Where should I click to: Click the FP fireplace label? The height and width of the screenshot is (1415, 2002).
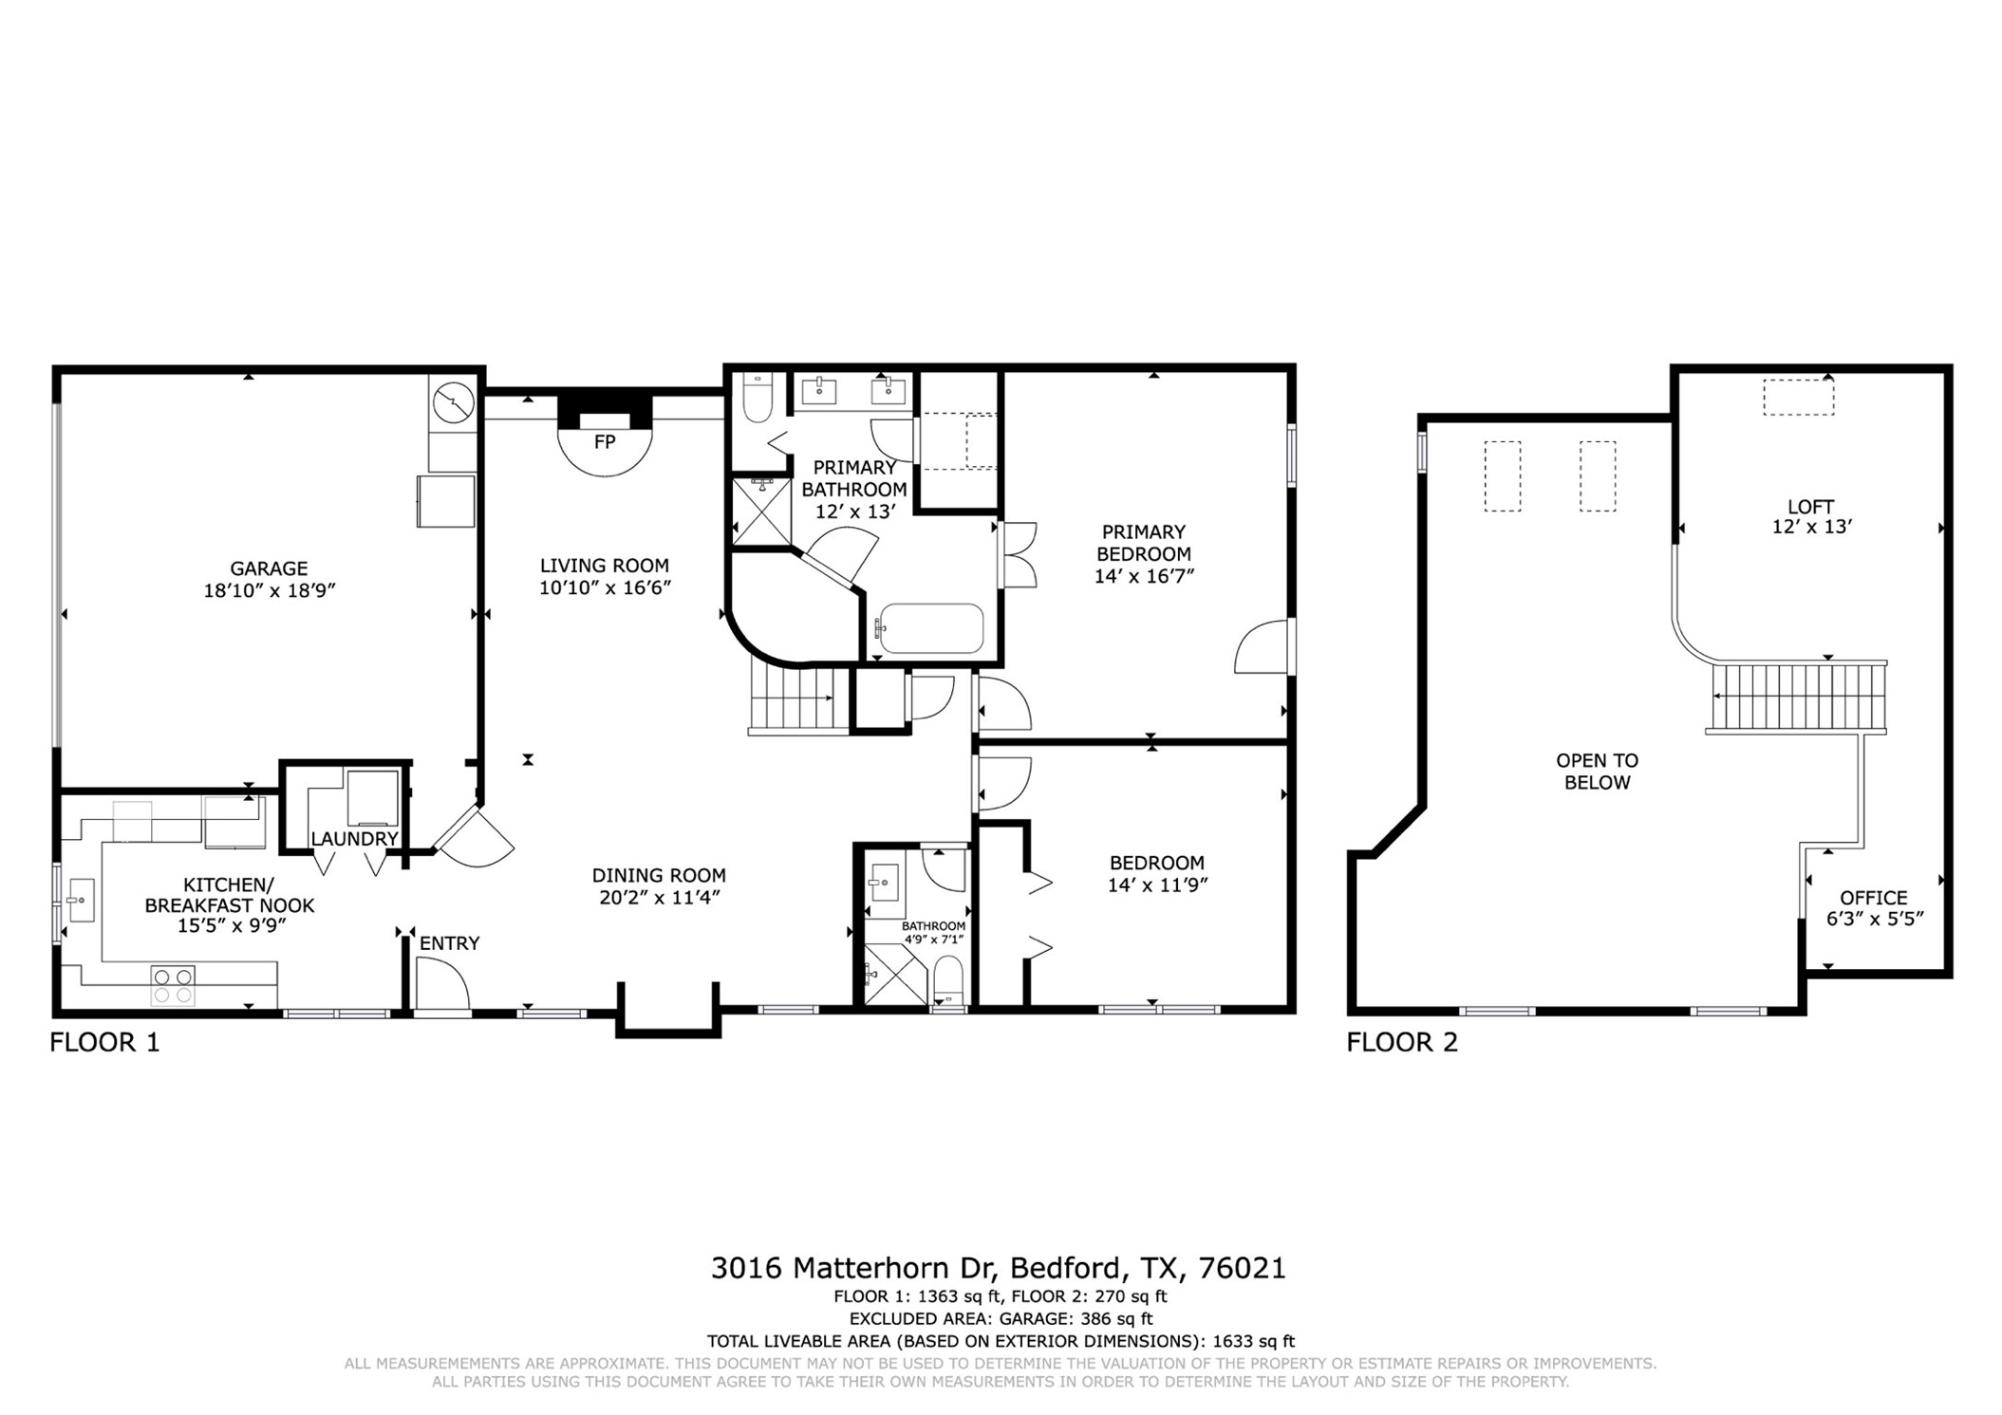tap(604, 441)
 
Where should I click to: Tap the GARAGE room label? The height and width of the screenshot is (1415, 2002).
tap(269, 568)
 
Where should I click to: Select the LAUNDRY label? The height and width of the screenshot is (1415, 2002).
tap(354, 839)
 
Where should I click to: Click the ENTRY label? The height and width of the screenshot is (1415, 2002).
tap(449, 943)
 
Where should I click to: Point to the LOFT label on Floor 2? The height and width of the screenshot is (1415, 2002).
tap(1810, 507)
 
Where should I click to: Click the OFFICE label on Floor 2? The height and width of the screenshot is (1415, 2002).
tap(1873, 898)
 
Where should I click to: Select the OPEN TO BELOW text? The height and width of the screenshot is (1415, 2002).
tap(1597, 772)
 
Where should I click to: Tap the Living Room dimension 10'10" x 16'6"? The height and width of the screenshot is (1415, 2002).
tap(605, 587)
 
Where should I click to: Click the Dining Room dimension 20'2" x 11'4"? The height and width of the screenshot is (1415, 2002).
tap(659, 898)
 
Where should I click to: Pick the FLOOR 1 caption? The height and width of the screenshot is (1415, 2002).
tap(104, 1042)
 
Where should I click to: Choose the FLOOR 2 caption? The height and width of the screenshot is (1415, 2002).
tap(1401, 1042)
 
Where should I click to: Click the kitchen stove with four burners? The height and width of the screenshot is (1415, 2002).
tap(173, 985)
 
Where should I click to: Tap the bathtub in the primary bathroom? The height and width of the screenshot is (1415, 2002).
tap(930, 628)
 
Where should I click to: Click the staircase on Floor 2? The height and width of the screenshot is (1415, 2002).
tap(1797, 697)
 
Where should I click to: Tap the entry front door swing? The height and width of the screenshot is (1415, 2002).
tap(442, 983)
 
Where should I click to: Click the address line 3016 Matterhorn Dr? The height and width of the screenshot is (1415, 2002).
tap(999, 1268)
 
